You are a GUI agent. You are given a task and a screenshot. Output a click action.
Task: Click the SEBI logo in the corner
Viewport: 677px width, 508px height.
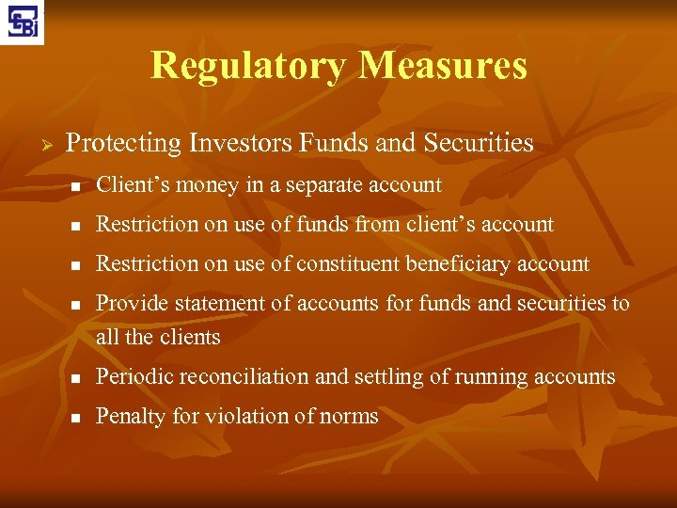coord(24,23)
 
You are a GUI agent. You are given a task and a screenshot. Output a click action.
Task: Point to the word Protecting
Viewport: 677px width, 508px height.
coord(122,144)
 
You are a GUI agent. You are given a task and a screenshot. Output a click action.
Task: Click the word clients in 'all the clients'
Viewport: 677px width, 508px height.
coord(191,337)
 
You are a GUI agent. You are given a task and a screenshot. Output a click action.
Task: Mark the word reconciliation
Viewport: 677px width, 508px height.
coord(244,377)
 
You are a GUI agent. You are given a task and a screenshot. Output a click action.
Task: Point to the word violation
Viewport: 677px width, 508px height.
coord(243,417)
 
